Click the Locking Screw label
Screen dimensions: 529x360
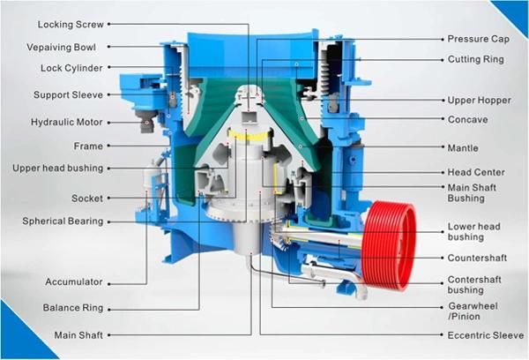click(x=71, y=25)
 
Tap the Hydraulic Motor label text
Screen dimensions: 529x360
click(x=66, y=122)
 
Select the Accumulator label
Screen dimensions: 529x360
click(x=74, y=281)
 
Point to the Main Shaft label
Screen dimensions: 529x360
click(x=78, y=335)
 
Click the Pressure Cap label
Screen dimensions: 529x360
click(x=478, y=39)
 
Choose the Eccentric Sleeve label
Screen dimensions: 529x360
click(x=486, y=335)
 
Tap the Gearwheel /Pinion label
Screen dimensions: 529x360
click(x=473, y=311)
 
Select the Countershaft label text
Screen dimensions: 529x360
click(x=477, y=258)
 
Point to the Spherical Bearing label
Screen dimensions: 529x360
click(x=63, y=221)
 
